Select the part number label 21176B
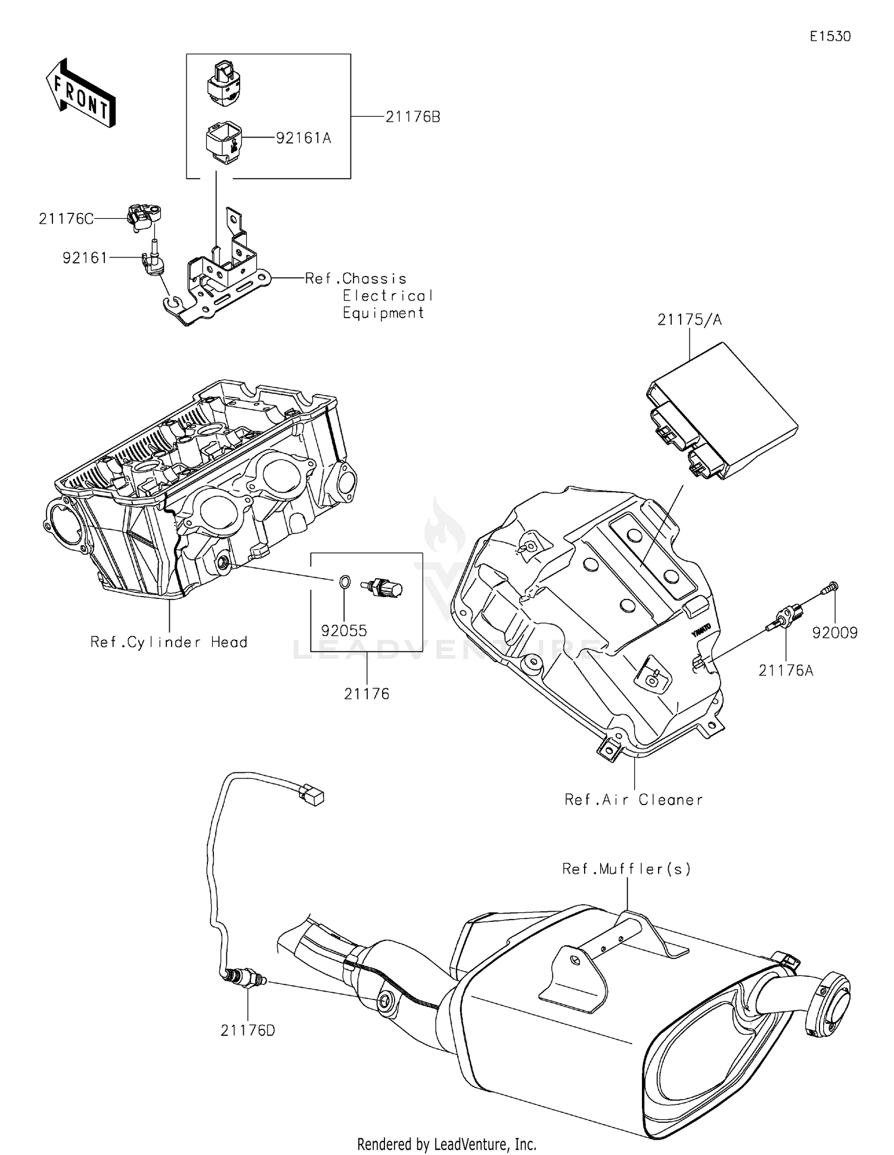pyautogui.click(x=412, y=117)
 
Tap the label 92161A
pyautogui.click(x=303, y=138)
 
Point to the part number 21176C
pyautogui.click(x=66, y=219)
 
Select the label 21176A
pyautogui.click(x=786, y=671)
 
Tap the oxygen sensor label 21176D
pyautogui.click(x=247, y=1030)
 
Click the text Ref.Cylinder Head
pyautogui.click(x=169, y=642)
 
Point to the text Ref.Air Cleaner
pyautogui.click(x=634, y=800)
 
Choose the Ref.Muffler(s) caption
pyautogui.click(x=626, y=869)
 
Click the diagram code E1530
pyautogui.click(x=830, y=36)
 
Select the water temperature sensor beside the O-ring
pyautogui.click(x=384, y=589)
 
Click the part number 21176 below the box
pyautogui.click(x=366, y=694)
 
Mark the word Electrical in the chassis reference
pyautogui.click(x=387, y=296)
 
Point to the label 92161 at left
pyautogui.click(x=85, y=258)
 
